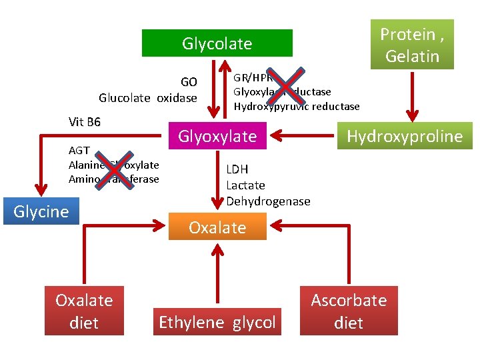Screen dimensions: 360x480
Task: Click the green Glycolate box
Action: (217, 43)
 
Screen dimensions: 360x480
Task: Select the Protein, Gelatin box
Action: (412, 45)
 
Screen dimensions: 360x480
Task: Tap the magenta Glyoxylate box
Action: (217, 136)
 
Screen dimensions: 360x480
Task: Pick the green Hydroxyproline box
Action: (405, 136)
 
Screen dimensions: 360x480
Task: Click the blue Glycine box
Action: (41, 211)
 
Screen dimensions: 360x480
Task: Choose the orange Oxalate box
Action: (217, 227)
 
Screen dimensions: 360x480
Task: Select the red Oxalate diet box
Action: (84, 311)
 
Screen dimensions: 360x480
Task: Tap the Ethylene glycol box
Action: (217, 323)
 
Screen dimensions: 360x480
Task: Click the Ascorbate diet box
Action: (349, 311)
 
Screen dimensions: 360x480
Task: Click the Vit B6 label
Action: (84, 122)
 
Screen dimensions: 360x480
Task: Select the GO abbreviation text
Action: (189, 82)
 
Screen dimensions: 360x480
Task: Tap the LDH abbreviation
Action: (237, 169)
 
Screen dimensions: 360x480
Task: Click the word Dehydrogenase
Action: (268, 201)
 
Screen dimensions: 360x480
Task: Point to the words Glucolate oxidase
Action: (148, 98)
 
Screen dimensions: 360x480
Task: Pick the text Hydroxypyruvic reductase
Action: (297, 107)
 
